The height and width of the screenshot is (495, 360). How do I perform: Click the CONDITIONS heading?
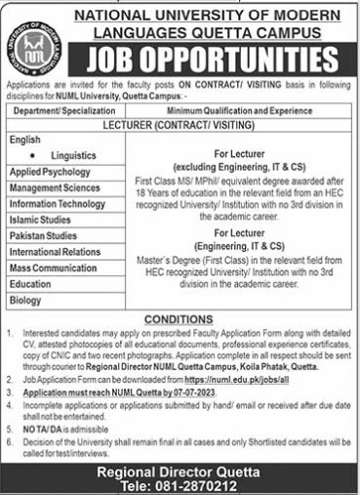click(x=180, y=319)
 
